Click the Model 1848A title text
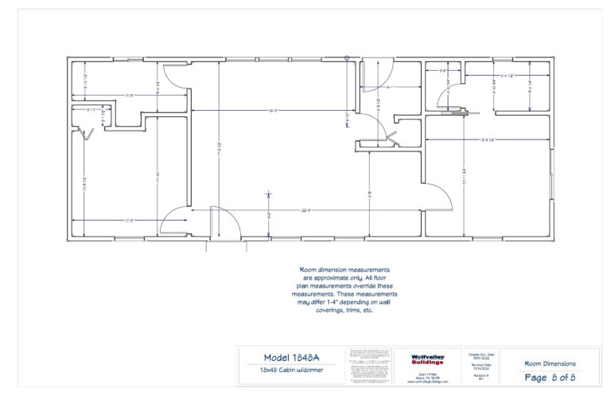click(290, 357)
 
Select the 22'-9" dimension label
click(306, 210)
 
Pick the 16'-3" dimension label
click(273, 110)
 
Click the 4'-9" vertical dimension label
click(269, 214)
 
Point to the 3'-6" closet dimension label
click(442, 72)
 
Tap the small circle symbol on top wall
click(347, 57)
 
